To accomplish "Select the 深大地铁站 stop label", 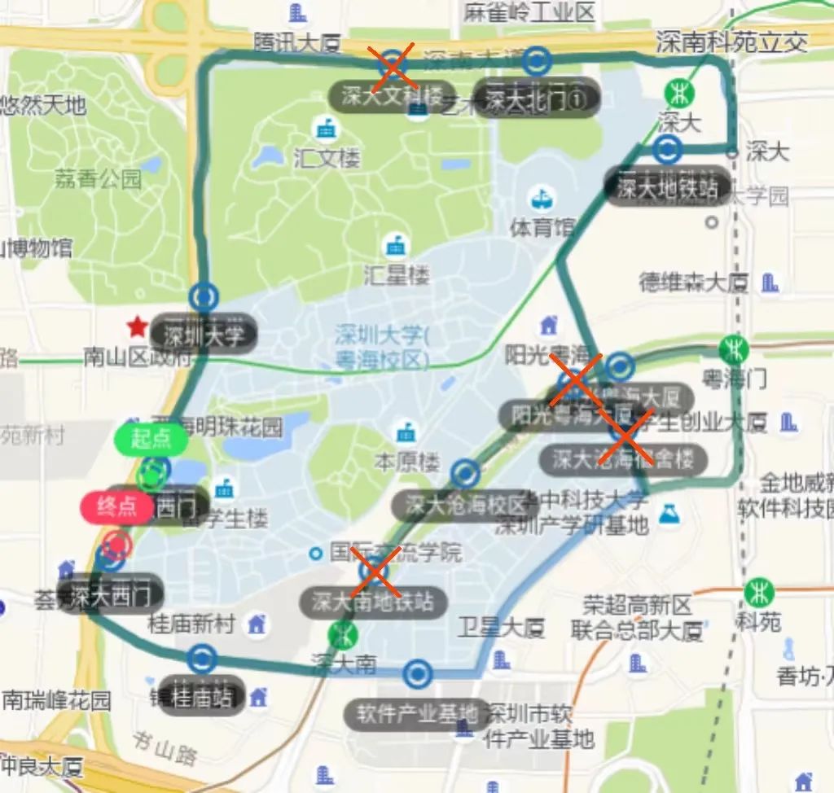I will pos(667,189).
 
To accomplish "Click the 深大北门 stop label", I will pos(537,99).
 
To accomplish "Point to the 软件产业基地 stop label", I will pos(417,714).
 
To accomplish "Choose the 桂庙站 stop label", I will pos(202,696).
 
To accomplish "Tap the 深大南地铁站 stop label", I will pos(373,602).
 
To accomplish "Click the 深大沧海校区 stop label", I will pos(465,505).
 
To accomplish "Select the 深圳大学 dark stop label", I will pos(203,334).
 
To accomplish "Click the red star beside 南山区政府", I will pos(137,328).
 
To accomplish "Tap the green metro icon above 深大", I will pos(678,92).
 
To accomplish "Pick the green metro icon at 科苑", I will pos(759,591).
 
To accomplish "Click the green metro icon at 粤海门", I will pos(734,348).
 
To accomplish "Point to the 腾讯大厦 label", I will pos(296,42).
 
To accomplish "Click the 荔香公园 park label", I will pos(98,178).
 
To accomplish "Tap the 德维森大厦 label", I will pos(693,283).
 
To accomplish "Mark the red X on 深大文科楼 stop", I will pos(393,65).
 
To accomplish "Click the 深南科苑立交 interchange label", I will pos(731,42).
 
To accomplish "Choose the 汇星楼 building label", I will pos(396,274).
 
